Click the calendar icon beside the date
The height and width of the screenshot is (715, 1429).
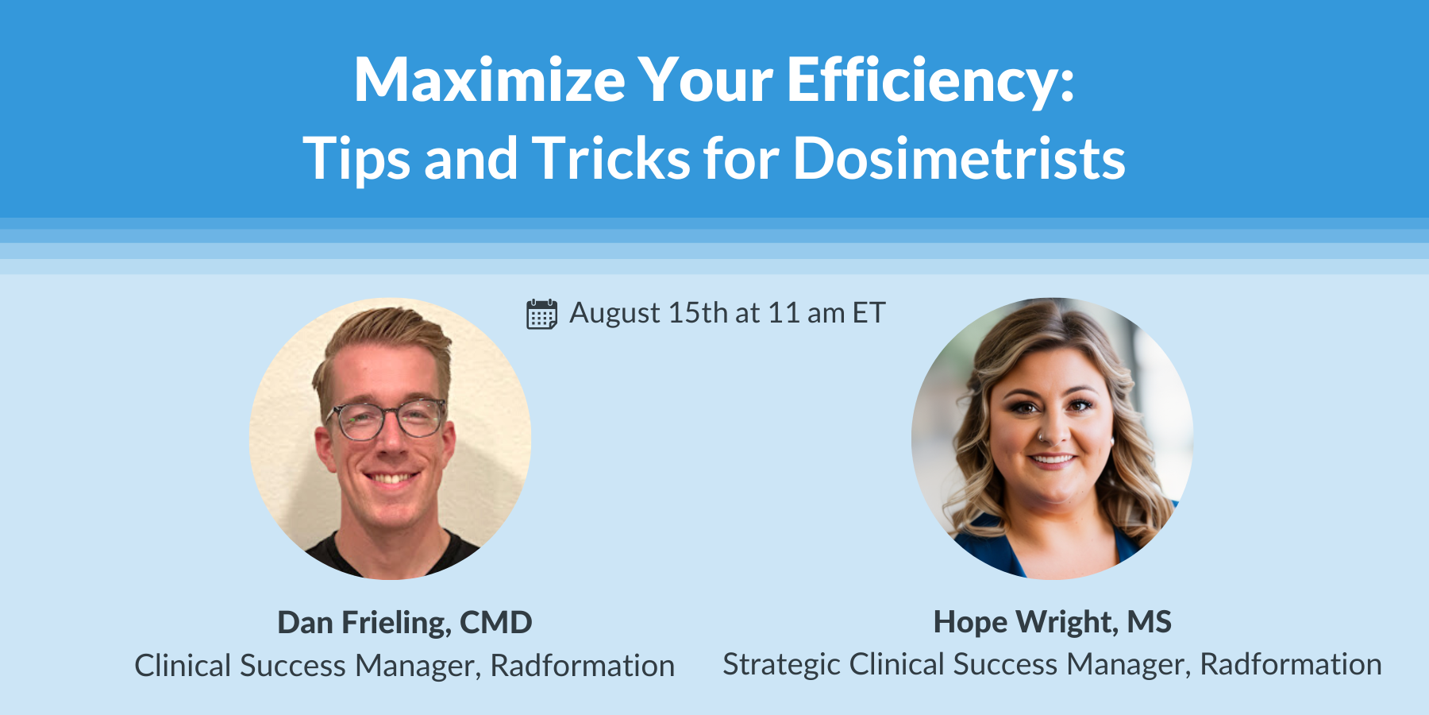(x=541, y=314)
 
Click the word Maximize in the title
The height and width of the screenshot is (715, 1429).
(x=489, y=81)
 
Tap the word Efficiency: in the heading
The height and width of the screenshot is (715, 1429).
(x=930, y=81)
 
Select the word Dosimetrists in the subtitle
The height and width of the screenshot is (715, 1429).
(x=959, y=158)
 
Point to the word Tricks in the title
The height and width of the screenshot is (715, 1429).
(x=611, y=158)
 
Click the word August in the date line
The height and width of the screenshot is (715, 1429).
(x=614, y=314)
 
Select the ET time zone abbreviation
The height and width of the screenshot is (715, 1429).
(x=869, y=313)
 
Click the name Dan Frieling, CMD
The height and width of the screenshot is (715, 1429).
(x=404, y=623)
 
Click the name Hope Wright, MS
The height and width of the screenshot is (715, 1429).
(x=1052, y=622)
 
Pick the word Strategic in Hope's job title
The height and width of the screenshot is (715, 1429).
(x=781, y=665)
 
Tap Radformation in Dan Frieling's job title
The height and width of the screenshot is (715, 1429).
(x=582, y=666)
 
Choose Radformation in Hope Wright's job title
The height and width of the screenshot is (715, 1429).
(x=1290, y=664)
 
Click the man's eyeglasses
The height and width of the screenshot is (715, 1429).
(x=387, y=419)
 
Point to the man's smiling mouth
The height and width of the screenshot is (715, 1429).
(x=391, y=478)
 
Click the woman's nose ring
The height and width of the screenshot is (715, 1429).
(x=1040, y=437)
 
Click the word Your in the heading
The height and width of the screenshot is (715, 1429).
(x=705, y=81)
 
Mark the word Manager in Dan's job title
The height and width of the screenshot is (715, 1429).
(x=418, y=666)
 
